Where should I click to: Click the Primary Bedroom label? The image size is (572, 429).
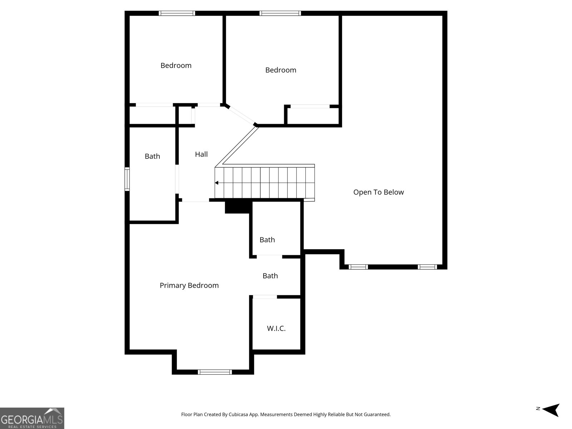pos(189,285)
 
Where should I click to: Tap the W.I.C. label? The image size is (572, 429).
pos(276,328)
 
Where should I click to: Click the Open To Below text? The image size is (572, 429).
pos(378,192)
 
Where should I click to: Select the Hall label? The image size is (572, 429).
pos(201,154)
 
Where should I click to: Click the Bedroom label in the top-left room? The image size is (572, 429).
pos(176,65)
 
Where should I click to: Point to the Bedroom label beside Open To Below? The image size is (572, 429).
pos(281,70)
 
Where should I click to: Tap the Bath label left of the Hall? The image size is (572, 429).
pos(152,156)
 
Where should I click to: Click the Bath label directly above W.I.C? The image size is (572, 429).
pos(270,276)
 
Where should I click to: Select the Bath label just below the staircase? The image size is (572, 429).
pos(267,240)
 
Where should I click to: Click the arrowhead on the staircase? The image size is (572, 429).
pos(217,183)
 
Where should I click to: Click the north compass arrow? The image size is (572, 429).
pos(552,410)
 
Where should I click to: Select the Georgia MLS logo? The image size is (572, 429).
pos(32,418)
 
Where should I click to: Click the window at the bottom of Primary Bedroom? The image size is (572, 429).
pos(214,372)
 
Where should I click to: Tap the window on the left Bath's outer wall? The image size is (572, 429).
pos(127,179)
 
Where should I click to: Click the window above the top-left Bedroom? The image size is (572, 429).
pos(177,13)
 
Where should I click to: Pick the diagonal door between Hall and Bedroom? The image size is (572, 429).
pos(241,115)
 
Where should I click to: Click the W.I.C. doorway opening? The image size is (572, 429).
pos(265,297)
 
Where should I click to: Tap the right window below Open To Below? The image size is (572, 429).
pos(427,267)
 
